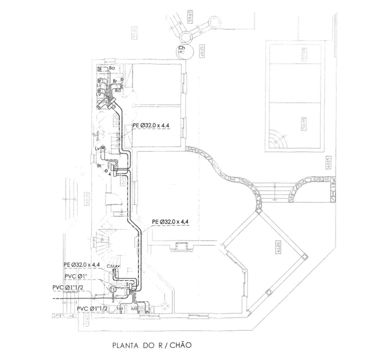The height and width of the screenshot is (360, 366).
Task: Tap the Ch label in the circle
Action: [x=182, y=48]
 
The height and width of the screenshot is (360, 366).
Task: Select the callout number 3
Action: [x=127, y=284]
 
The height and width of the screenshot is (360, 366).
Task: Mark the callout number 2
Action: [x=113, y=300]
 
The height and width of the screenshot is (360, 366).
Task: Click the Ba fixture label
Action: [x=112, y=67]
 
